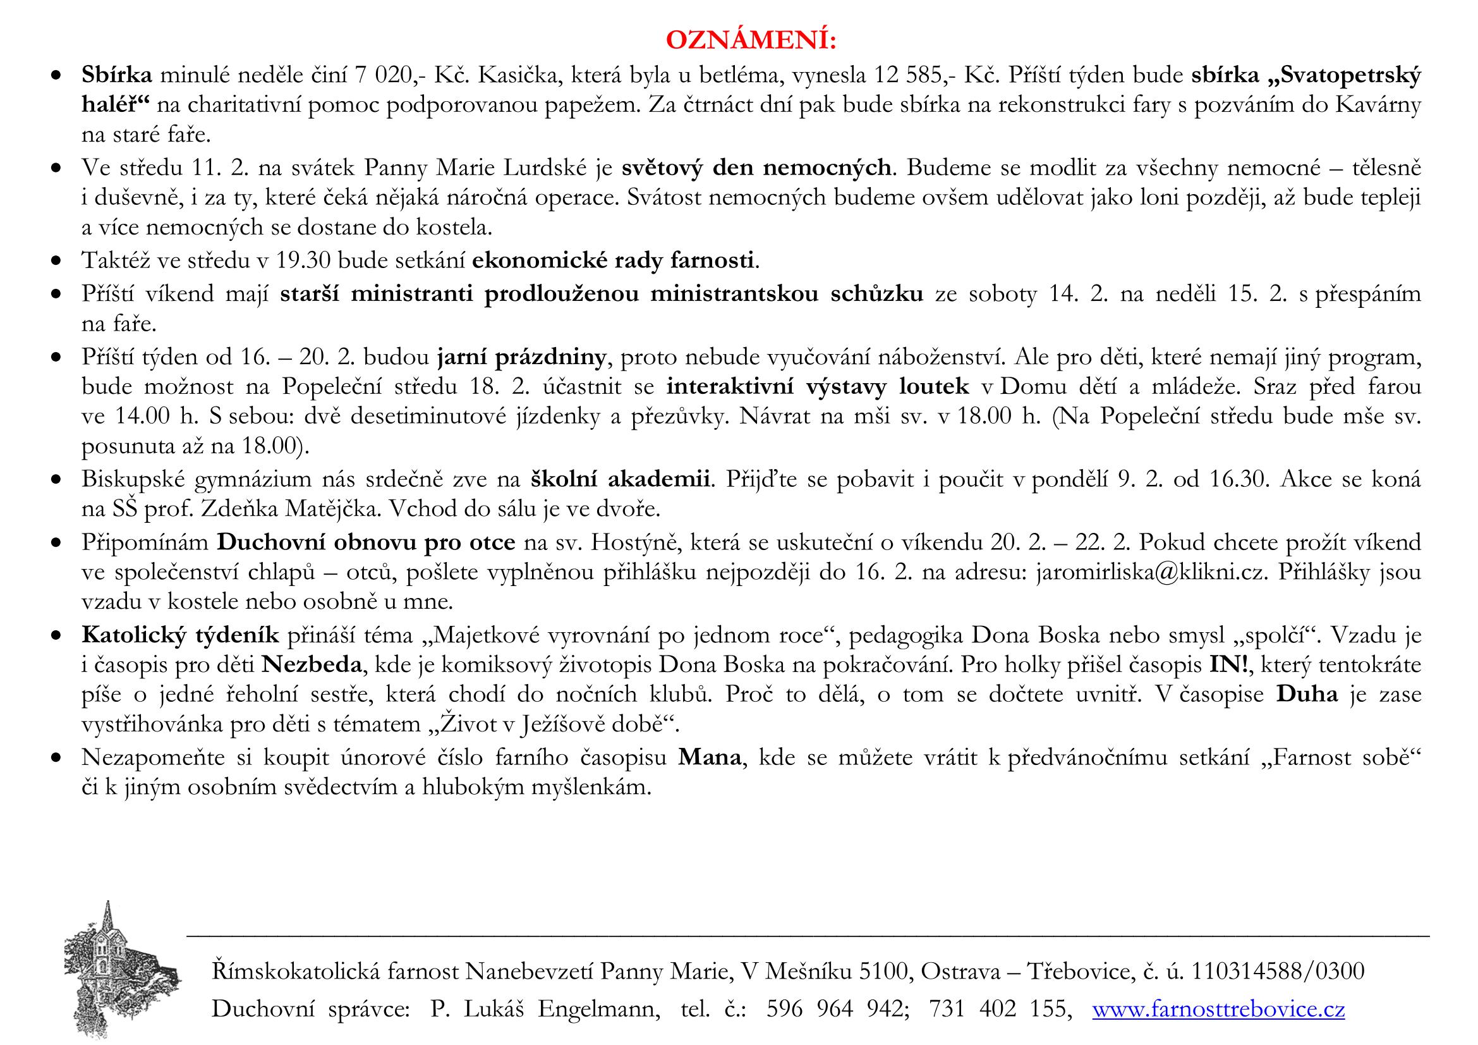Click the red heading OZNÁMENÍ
click(751, 40)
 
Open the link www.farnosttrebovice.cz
click(1218, 1010)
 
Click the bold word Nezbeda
click(313, 664)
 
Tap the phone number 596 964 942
click(837, 1010)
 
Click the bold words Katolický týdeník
click(180, 635)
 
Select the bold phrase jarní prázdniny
click(521, 356)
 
